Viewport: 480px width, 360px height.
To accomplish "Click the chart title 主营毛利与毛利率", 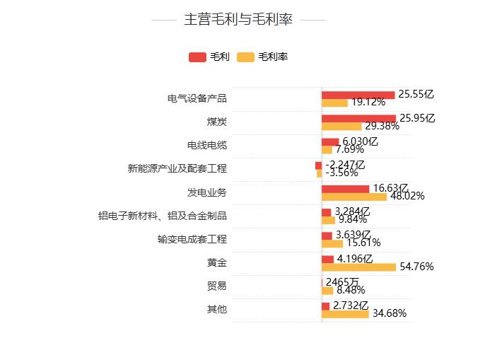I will (x=238, y=20).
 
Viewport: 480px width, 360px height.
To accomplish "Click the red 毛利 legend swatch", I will (x=197, y=57).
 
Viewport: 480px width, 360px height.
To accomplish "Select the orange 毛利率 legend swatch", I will (x=245, y=57).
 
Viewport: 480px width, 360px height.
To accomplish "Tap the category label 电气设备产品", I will (x=197, y=98).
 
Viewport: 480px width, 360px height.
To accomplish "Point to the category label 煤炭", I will (x=216, y=122).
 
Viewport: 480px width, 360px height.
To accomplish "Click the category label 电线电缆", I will (x=207, y=145).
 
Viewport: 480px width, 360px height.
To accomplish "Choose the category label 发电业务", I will (x=207, y=192).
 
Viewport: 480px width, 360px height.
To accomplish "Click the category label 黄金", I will (x=216, y=262).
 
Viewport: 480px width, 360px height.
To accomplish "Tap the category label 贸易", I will (x=216, y=286).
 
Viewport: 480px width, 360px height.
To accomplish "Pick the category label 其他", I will (x=216, y=309).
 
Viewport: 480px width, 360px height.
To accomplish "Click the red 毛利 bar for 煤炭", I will (x=358, y=118).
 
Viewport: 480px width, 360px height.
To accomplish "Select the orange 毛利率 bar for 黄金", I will (x=358, y=267).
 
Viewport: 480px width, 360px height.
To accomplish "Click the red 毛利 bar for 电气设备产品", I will (x=358, y=95).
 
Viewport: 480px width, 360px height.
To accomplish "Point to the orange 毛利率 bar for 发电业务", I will (x=353, y=197).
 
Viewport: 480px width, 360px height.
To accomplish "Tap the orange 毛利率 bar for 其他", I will (x=345, y=313).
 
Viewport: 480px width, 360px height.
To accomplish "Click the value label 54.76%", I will (x=416, y=267).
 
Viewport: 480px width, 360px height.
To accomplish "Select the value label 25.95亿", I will (x=417, y=117).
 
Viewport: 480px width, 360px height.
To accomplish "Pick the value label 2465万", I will (x=342, y=281).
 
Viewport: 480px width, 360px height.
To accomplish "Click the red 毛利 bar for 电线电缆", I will (x=330, y=141).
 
